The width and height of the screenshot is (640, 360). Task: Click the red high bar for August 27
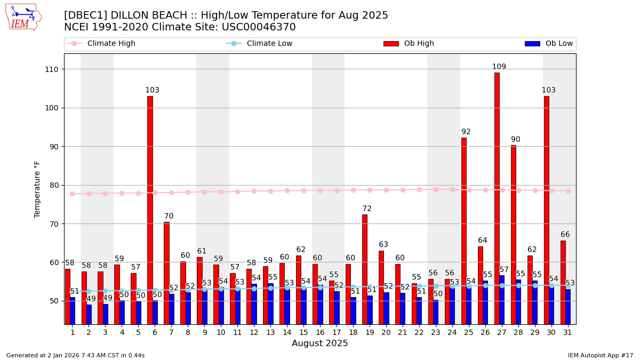pyautogui.click(x=497, y=197)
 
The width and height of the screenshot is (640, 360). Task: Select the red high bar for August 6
pyautogui.click(x=150, y=208)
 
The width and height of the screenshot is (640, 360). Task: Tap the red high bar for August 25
pyautogui.click(x=464, y=229)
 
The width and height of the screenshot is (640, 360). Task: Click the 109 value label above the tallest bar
pyautogui.click(x=499, y=67)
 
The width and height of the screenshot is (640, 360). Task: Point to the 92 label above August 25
pyautogui.click(x=466, y=132)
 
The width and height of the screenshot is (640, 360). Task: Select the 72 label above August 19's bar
pyautogui.click(x=367, y=209)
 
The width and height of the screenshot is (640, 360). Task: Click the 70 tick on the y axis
pyautogui.click(x=55, y=224)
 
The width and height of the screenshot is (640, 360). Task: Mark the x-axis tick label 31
pyautogui.click(x=567, y=332)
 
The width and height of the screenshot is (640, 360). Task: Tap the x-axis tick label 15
pyautogui.click(x=303, y=332)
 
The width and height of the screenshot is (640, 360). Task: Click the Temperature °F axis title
pyautogui.click(x=37, y=189)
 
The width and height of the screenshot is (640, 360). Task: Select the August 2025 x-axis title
pyautogui.click(x=320, y=343)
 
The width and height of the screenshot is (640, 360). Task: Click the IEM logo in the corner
pyautogui.click(x=23, y=17)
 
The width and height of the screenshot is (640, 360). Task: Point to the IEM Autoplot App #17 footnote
pyautogui.click(x=601, y=355)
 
